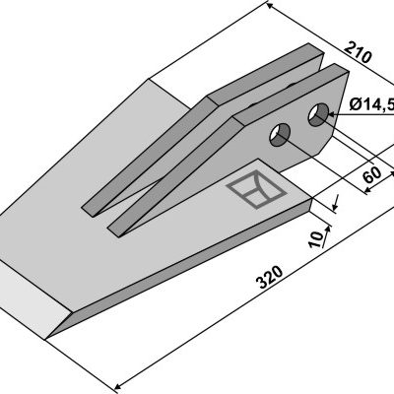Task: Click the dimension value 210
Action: point(359,52)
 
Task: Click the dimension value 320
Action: point(270,278)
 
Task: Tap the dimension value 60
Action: point(372,175)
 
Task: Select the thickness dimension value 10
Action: point(316,239)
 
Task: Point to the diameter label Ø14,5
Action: point(371,105)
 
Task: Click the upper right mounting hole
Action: point(318,114)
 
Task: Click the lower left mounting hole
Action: point(280,135)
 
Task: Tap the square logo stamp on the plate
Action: point(256,190)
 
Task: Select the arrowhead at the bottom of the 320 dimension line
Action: point(117,385)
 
